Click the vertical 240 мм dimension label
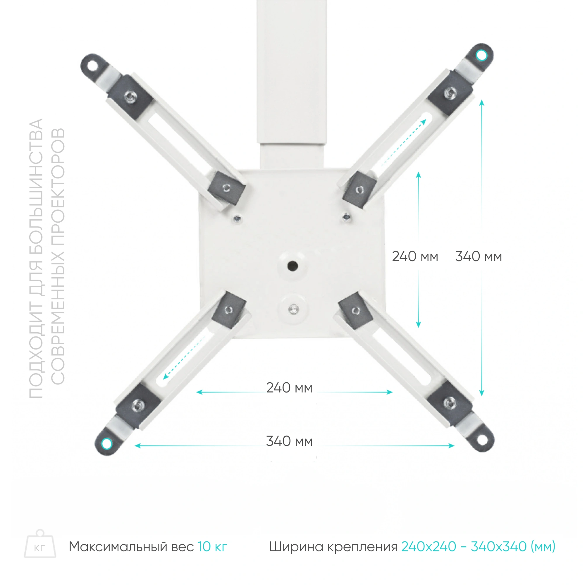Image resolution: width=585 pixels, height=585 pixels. coord(415,257)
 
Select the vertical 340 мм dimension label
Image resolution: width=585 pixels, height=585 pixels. coord(479,257)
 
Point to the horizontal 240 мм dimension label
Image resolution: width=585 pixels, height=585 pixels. coord(289,388)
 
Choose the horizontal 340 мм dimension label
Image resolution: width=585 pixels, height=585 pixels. coord(289,441)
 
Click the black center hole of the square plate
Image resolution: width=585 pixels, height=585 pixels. coord(292,266)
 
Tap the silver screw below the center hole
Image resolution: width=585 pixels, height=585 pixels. coord(293,309)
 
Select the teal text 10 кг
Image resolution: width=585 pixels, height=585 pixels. coord(212,547)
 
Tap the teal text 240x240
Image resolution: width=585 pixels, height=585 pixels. coord(429,547)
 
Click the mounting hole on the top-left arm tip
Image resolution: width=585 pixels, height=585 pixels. coord(92,65)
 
